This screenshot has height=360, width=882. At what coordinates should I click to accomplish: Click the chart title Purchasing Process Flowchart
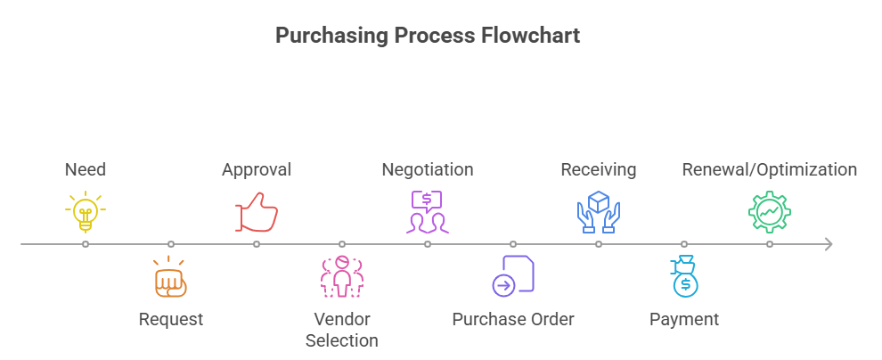point(428,36)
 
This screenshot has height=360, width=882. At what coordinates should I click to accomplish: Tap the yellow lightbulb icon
point(86,212)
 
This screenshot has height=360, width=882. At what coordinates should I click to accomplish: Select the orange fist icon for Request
point(171,277)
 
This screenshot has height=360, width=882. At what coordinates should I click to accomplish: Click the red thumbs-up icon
point(257,213)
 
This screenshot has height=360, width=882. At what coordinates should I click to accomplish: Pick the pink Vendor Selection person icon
point(342,277)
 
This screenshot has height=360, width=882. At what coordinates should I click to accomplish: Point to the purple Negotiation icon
point(428,212)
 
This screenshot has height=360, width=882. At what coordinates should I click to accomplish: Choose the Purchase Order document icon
point(513,275)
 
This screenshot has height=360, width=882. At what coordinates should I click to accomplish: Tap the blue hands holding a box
point(599,212)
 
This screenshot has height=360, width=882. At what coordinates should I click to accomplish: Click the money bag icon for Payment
point(684,276)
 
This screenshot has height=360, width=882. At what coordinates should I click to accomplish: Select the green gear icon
point(770,212)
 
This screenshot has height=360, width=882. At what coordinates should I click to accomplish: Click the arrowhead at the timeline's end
point(829,243)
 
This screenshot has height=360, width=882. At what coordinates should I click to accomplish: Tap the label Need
point(86,169)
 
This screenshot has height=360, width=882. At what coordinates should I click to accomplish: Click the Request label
point(171,319)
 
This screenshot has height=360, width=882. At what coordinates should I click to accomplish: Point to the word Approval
point(257,169)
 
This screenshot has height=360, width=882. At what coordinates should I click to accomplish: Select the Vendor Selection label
point(342,330)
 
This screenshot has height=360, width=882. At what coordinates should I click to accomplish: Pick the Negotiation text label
point(428,169)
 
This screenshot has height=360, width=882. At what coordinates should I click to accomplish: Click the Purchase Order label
point(513,319)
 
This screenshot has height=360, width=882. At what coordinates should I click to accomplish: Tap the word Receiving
point(599,169)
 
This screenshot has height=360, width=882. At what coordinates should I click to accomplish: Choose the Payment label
point(684,319)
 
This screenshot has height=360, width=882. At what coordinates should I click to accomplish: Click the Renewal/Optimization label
point(770,169)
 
